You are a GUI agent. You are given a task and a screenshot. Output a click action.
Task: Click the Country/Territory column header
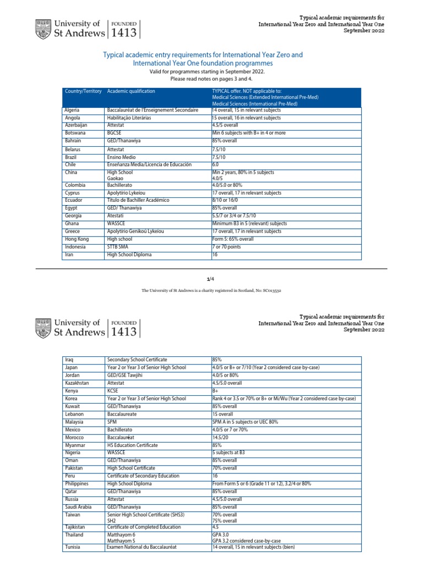point(83,91)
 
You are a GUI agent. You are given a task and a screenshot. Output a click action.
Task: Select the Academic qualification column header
point(131,91)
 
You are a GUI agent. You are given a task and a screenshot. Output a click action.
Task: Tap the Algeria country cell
point(73,111)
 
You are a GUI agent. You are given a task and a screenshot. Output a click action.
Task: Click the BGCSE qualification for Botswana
point(116,133)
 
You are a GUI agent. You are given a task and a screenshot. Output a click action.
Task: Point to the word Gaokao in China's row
point(116,178)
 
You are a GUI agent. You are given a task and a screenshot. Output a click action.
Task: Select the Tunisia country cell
point(74,548)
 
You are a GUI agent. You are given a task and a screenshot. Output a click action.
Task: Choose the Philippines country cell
point(77,484)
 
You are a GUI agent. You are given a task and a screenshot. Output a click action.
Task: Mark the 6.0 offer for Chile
point(216,164)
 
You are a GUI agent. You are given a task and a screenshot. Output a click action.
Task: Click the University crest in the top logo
point(42,29)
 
